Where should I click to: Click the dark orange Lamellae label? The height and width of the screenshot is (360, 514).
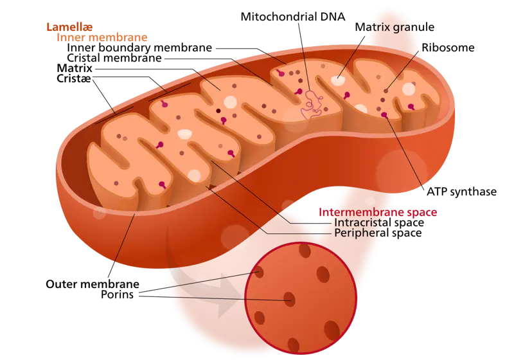(69, 27)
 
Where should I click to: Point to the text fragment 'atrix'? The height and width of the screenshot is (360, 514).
(378, 28)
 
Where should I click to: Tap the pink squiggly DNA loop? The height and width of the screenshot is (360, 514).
(313, 104)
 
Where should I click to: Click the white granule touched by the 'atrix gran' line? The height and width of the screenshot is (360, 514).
(337, 80)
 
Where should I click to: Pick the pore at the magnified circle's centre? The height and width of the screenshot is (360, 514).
(290, 299)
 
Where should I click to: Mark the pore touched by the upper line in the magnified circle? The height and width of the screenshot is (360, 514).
(259, 273)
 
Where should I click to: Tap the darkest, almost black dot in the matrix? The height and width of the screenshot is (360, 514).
(218, 111)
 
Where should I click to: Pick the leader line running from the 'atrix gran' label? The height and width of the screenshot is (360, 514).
(351, 54)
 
